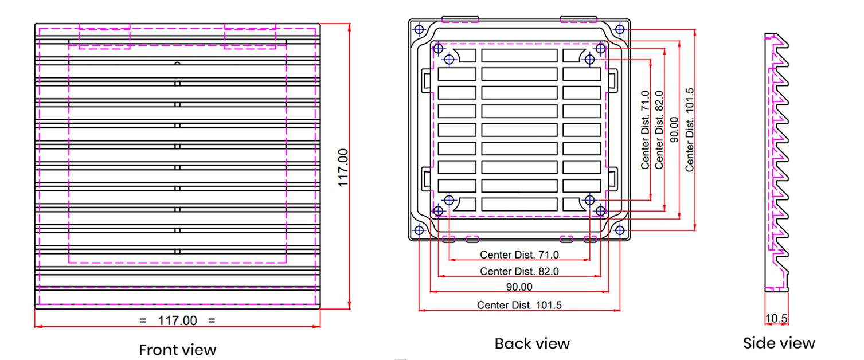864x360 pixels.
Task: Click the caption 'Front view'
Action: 178,350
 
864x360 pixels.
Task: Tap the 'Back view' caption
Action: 532,343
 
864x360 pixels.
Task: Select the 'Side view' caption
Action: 779,343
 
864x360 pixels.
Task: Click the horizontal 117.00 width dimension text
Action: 177,320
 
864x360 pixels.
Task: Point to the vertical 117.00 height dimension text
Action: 343,167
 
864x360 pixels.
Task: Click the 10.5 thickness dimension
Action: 776,318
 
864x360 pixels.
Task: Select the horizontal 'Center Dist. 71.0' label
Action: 519,255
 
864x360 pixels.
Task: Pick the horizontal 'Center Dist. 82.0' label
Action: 519,271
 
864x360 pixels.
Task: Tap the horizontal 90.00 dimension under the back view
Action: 519,287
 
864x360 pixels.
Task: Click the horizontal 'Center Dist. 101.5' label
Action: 519,305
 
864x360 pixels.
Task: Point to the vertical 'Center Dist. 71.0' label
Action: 646,130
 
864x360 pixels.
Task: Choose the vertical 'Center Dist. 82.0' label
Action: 659,130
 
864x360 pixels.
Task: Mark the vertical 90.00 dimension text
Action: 674,130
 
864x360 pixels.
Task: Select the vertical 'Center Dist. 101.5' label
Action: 690,130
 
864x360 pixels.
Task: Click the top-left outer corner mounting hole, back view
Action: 419,29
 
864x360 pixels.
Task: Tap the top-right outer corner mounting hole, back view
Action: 620,29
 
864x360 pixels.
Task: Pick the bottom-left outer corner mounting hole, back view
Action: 419,230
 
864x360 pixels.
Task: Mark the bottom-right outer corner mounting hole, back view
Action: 620,230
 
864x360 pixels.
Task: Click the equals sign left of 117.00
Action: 143,320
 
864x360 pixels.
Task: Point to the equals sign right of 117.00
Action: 212,320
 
